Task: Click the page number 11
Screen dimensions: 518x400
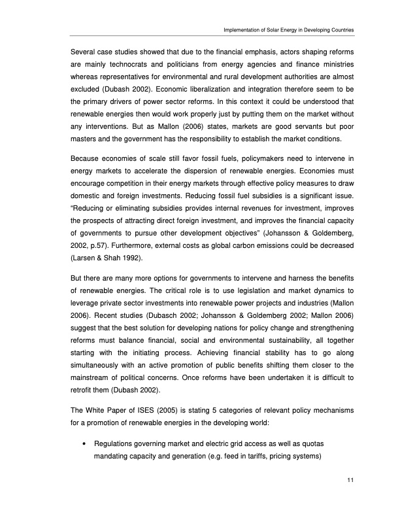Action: [x=350, y=482]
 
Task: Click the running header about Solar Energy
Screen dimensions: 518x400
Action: [x=288, y=30]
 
